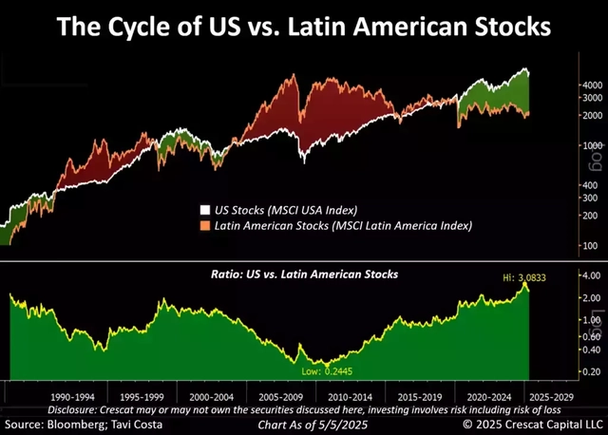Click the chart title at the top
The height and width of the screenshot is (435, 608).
pyautogui.click(x=304, y=26)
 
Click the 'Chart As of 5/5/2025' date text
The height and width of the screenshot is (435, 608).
pyautogui.click(x=303, y=423)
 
